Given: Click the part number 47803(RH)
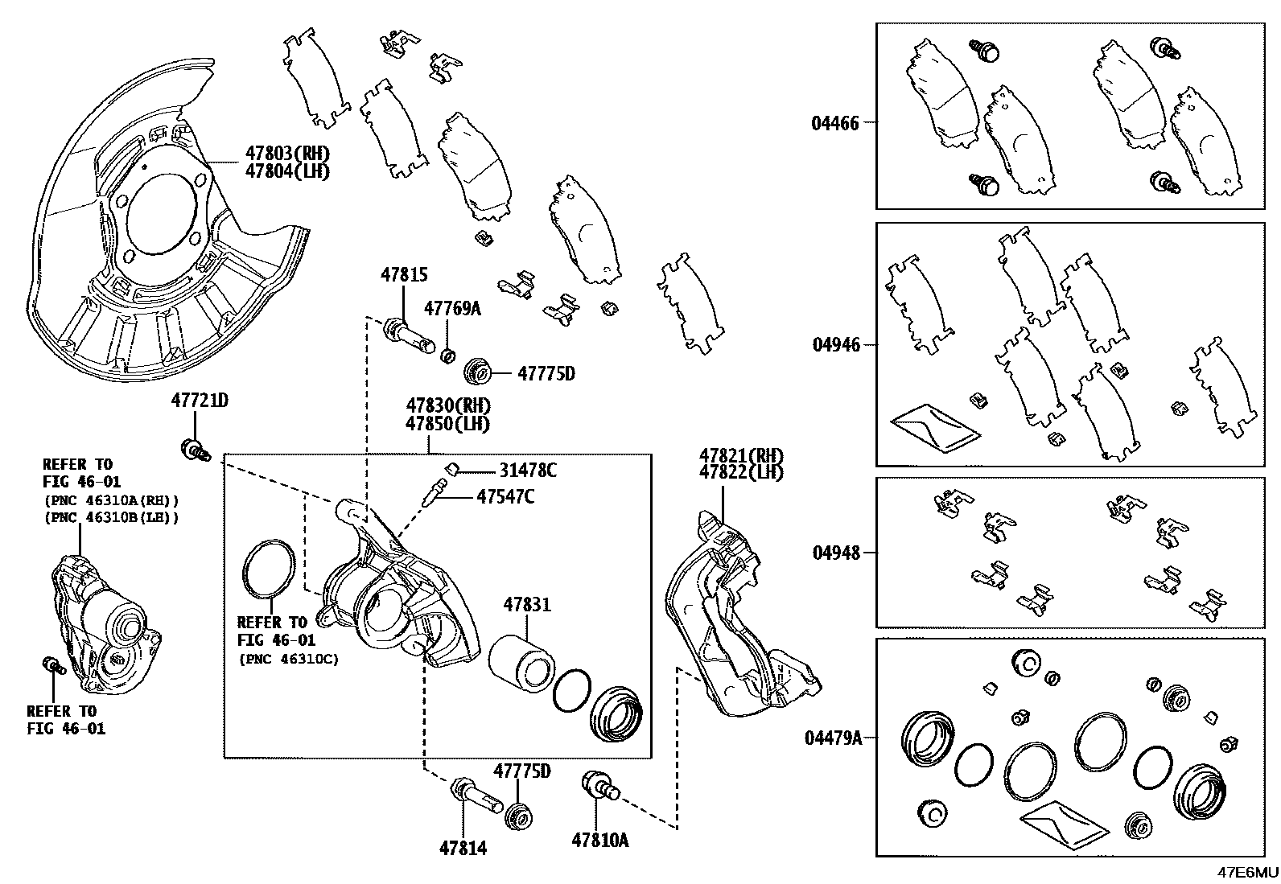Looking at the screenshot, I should [x=287, y=154].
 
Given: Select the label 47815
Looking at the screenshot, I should [x=404, y=275].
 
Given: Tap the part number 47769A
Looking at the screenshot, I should [x=452, y=309].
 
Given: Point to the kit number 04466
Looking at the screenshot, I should [x=835, y=123].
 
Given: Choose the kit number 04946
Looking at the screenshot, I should [x=836, y=344].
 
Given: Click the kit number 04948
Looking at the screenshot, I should [x=836, y=553].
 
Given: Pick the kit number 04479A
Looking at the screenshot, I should [x=833, y=737].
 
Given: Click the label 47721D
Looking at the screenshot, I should [x=199, y=400].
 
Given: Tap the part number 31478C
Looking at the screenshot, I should [x=528, y=471].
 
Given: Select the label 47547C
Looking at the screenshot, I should [x=505, y=496].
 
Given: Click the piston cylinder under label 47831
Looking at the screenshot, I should [x=521, y=661].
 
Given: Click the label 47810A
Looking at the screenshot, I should [x=599, y=841].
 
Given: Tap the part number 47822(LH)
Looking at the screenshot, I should [x=740, y=472].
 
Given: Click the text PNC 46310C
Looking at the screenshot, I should [x=289, y=659].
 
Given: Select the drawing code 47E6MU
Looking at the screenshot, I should [x=1246, y=874].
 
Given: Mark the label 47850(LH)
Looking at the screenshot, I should [x=447, y=424].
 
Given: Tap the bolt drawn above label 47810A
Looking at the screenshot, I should [x=599, y=786].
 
